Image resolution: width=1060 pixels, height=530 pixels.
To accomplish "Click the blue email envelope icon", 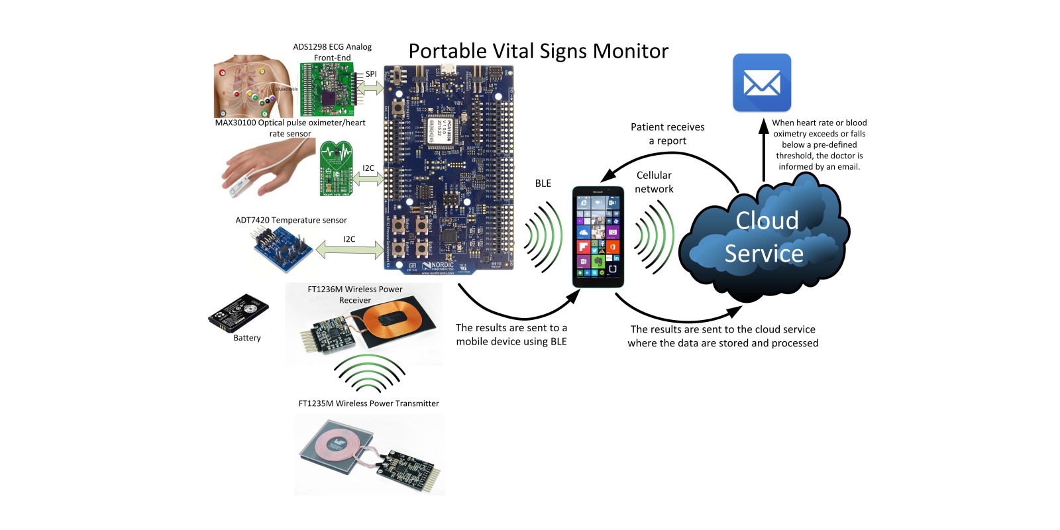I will pos(762,83).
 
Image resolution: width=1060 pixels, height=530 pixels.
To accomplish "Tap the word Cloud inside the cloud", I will pos(767,221).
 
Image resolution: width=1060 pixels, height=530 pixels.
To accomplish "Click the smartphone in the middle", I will pos(598,237).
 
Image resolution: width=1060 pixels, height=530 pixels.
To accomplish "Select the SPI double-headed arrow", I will pos(370,87).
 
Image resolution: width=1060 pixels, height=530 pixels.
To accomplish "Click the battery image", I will pos(238,313).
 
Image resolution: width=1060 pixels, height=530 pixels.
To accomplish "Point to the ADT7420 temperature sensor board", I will pos(283,248).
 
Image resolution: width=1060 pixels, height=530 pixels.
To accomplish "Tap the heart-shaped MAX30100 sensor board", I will pos(337,168).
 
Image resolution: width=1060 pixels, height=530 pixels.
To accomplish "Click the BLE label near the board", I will pos(543,184).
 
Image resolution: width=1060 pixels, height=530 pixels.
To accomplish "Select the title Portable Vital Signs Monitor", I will pos(538,51).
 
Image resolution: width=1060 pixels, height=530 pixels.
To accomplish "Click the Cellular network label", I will pos(654,182).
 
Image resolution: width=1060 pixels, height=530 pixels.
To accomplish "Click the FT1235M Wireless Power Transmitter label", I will pos(368,403).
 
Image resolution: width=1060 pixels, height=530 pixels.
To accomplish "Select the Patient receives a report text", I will pos(667,134).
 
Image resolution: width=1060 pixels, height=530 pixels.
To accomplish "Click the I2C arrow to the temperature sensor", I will pos(348,250).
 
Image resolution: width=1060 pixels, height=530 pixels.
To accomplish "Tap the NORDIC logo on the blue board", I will pos(439,266).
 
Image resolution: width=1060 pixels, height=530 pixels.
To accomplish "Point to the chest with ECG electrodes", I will pos(252,86).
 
